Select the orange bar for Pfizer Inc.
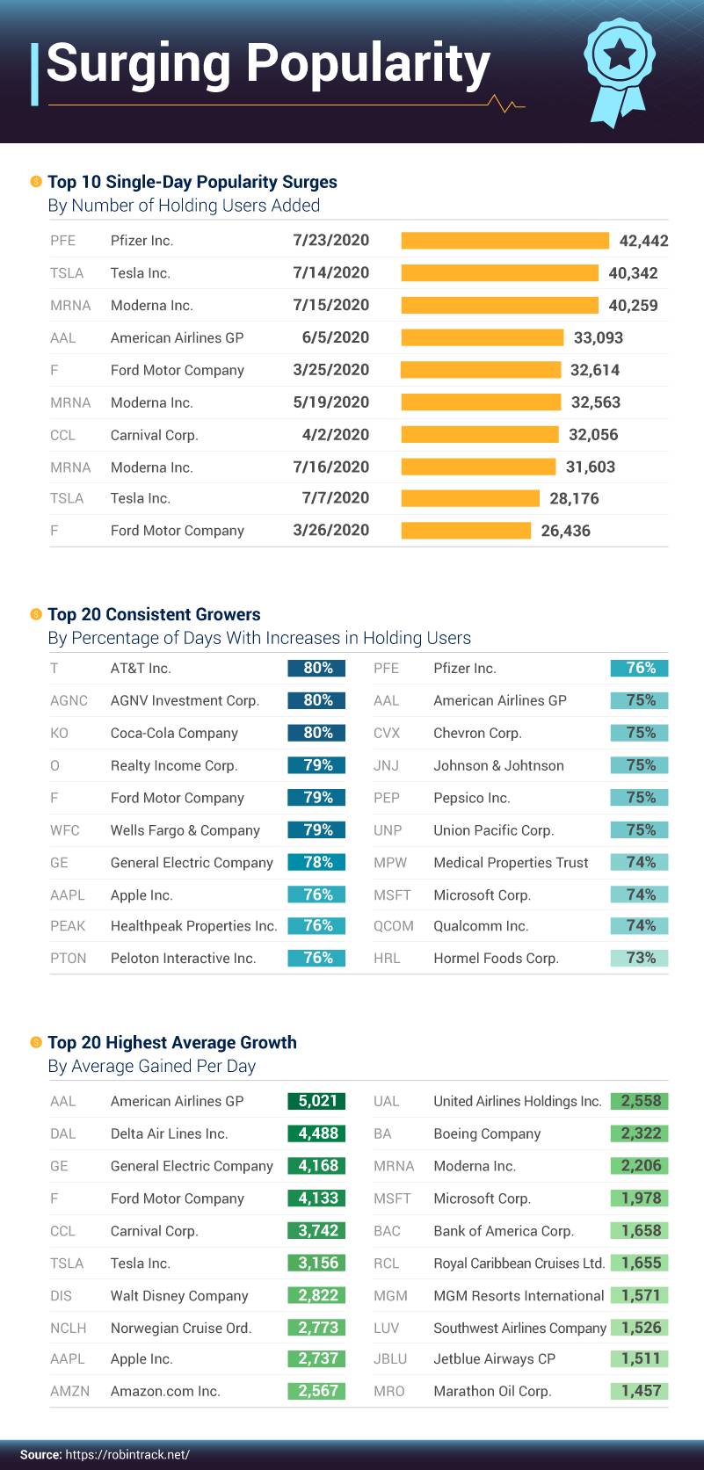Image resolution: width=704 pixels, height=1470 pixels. coord(504,241)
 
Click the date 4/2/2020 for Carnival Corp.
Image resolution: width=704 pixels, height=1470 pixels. coord(335,435)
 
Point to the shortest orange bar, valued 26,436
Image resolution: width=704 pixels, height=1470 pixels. coord(466,531)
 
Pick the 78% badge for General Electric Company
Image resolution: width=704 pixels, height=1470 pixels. coord(316,863)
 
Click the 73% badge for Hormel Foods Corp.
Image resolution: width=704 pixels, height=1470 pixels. coord(639,958)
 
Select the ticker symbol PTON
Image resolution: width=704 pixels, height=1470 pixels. coord(69,959)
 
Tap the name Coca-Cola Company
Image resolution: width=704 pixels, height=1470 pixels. coord(174,734)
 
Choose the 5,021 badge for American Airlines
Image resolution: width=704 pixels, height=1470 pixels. coord(316,1101)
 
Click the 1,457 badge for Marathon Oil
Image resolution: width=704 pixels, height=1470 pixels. coord(639,1391)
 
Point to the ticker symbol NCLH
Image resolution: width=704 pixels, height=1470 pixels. coord(69,1328)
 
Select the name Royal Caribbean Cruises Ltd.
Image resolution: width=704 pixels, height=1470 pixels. coord(519,1264)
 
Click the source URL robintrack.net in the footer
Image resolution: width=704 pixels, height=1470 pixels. coord(127,1454)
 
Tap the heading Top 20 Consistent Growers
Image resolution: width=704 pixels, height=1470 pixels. coord(154,614)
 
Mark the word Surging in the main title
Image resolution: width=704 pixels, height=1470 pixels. coord(140,63)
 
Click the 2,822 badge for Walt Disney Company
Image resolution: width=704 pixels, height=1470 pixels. coord(316,1295)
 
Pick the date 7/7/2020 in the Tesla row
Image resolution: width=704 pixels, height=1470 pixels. coord(335,498)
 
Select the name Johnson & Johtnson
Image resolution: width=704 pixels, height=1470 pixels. coord(498,766)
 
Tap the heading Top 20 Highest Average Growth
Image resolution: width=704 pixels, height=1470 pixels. coord(171,1043)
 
